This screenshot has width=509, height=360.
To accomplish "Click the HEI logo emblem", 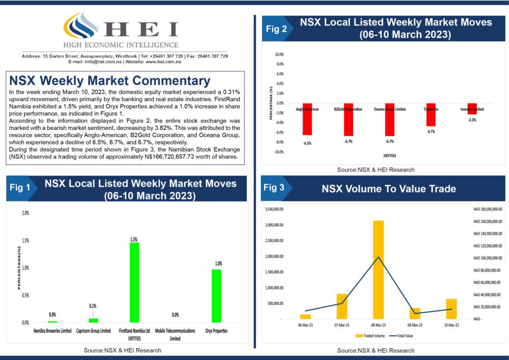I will (82, 29).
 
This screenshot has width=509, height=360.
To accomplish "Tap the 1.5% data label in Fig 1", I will (134, 239).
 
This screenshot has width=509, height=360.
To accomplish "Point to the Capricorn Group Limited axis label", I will (93, 331).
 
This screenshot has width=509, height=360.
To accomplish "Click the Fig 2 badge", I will (276, 29).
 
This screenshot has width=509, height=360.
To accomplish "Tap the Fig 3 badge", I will (274, 188).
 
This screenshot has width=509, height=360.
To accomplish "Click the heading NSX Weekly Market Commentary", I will (110, 81).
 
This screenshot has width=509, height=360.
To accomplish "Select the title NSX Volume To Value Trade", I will (389, 188).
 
